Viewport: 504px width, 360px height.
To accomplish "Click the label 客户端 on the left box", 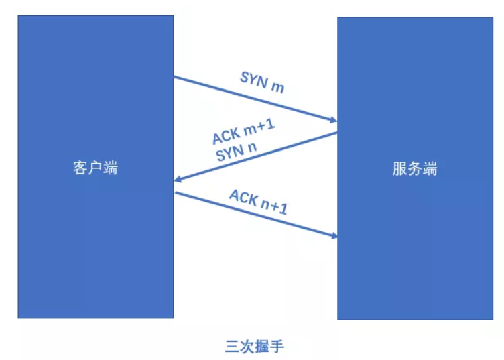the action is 95,168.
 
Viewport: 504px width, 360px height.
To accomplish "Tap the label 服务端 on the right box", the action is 415,169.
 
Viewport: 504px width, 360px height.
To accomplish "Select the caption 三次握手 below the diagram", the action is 255,346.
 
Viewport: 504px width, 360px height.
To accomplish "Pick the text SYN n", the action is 236,151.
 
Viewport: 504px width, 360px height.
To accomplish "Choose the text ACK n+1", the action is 258,202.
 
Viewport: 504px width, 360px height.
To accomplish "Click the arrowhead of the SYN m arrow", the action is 333,120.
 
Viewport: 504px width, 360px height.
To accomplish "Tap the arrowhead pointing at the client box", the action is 178,179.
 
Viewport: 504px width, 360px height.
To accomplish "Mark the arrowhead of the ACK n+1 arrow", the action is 333,235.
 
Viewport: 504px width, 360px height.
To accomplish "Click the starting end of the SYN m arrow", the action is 175,77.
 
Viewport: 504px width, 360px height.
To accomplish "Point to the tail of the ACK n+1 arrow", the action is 177,193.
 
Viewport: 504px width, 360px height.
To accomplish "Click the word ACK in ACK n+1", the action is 243,197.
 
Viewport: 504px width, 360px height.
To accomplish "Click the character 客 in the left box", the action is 80,168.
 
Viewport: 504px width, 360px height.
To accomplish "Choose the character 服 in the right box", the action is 400,169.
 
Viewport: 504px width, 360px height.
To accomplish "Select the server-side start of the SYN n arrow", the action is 336,133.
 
